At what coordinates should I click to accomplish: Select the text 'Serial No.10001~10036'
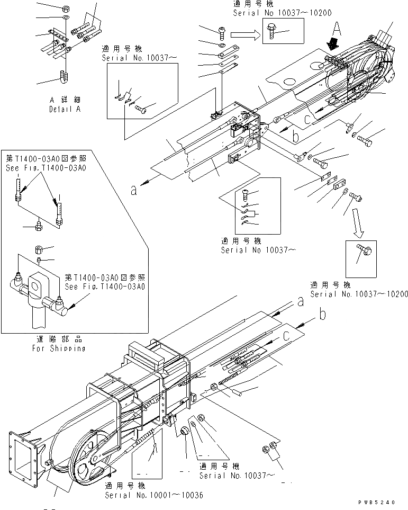pos(153,495)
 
